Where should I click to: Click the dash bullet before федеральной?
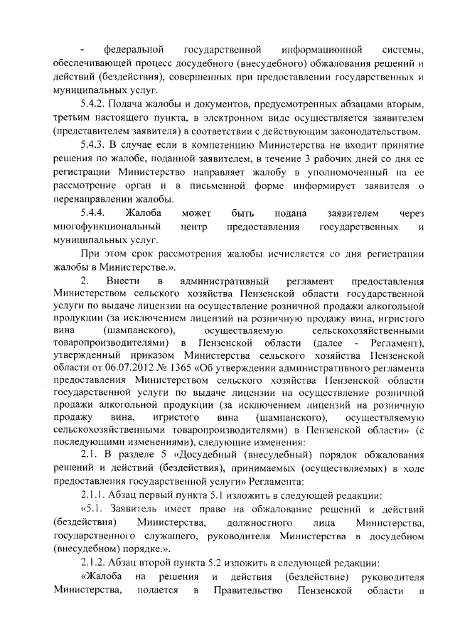pos(84,51)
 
